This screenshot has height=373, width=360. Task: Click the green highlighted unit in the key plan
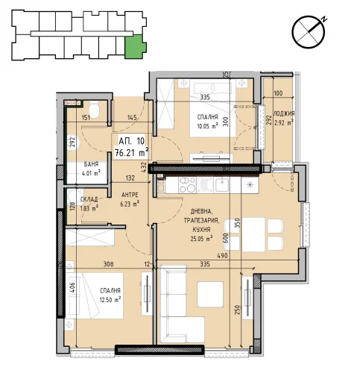[x=135, y=46]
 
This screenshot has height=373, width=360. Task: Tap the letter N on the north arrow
[x=323, y=19]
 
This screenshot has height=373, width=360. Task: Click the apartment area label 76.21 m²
[x=132, y=153]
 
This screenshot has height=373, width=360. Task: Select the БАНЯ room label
[x=91, y=164]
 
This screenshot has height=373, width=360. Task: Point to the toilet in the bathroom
[x=94, y=110]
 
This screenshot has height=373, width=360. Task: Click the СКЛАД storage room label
[x=89, y=199]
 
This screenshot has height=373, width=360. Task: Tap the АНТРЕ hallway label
[x=130, y=195]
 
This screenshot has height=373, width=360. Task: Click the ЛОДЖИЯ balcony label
[x=284, y=114]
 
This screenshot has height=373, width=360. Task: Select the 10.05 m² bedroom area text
[x=208, y=125]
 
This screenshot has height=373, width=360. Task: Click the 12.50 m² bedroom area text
[x=110, y=299]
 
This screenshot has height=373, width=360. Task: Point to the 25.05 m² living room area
[x=201, y=239]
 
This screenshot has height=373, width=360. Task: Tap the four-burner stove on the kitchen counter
[x=187, y=185]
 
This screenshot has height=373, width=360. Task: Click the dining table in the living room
[x=253, y=234]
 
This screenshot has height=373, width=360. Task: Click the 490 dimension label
[x=222, y=255]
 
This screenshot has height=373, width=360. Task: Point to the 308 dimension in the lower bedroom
[x=108, y=264]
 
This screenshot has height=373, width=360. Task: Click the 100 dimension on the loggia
[x=278, y=93]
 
